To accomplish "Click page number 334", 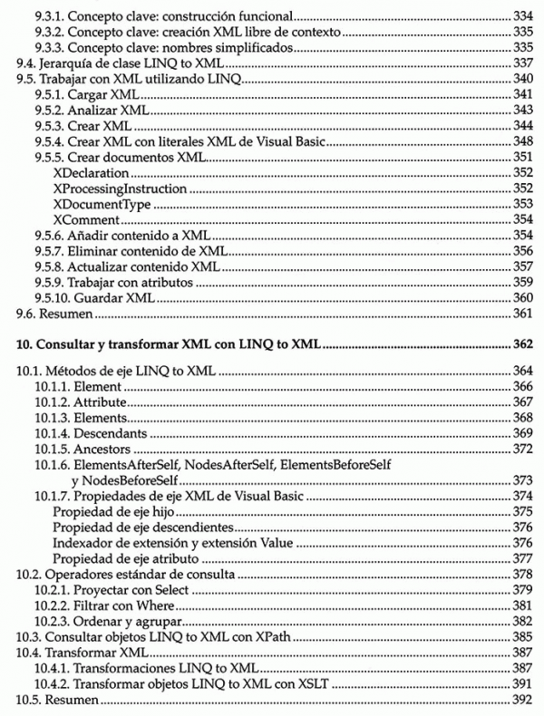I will pos(521,16).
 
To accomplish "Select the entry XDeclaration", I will pos(92,172).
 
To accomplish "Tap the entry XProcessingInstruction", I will pos(121,189).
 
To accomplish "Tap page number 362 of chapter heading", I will pos(521,344).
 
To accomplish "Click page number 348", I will pos(521,141).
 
